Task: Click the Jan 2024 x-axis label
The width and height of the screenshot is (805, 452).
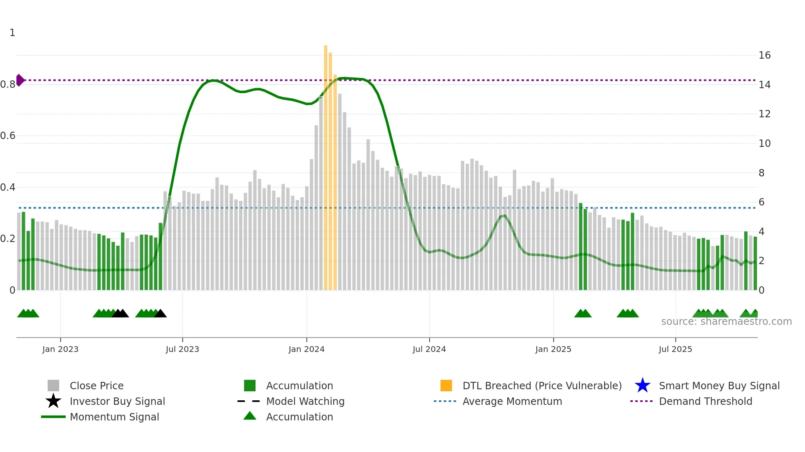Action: (x=306, y=349)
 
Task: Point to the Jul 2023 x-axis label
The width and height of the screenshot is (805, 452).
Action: (x=182, y=349)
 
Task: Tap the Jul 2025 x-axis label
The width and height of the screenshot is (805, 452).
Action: (x=675, y=349)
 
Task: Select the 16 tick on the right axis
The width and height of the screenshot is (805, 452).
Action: (x=764, y=55)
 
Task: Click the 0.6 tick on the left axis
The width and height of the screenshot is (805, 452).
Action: (x=8, y=136)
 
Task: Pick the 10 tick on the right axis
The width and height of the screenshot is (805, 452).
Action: (x=764, y=144)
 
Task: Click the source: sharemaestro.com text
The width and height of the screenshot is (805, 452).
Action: (x=726, y=322)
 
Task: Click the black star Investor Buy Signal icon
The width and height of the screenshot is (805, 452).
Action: (x=53, y=401)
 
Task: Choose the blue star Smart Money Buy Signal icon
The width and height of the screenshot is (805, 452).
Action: (x=642, y=386)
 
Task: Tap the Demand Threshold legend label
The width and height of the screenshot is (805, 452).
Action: (x=705, y=401)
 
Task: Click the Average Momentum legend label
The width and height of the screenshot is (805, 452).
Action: (x=512, y=401)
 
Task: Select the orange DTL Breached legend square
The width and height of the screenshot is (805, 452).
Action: (x=446, y=386)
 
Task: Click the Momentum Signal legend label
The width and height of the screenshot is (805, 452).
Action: (x=114, y=417)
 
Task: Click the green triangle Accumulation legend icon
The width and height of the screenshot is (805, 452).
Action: (x=250, y=416)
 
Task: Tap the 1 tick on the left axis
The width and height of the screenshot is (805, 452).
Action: (x=12, y=33)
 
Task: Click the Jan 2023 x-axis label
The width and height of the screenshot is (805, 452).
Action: (x=60, y=349)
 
